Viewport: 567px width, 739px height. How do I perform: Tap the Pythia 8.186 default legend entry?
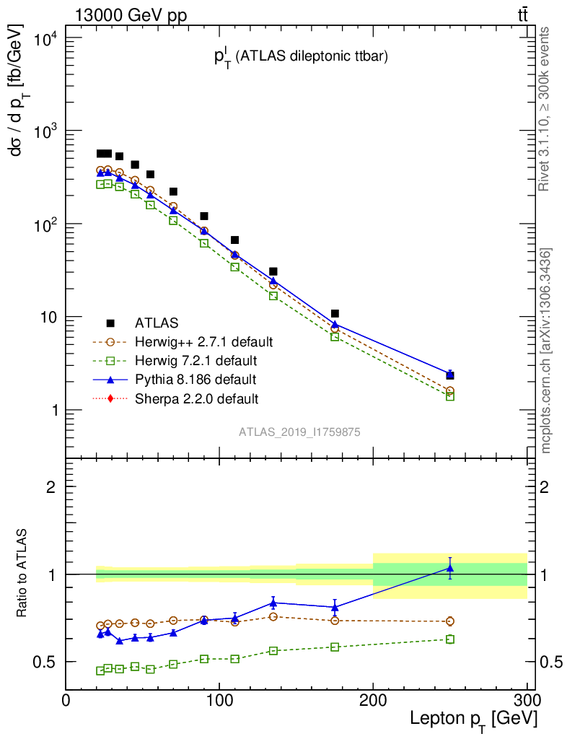coord(195,379)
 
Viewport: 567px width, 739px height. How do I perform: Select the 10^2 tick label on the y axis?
coord(46,224)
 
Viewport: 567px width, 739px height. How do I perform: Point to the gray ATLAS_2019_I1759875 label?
coord(299,432)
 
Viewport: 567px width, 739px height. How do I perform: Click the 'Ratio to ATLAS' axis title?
coord(22,574)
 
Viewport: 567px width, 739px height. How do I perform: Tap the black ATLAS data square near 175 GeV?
coord(335,313)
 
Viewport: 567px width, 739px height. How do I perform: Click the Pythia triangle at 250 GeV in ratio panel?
coord(450,568)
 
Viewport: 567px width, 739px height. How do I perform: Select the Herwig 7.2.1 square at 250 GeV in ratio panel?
coord(450,639)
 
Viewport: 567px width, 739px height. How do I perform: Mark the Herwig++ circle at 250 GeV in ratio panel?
coord(450,621)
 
